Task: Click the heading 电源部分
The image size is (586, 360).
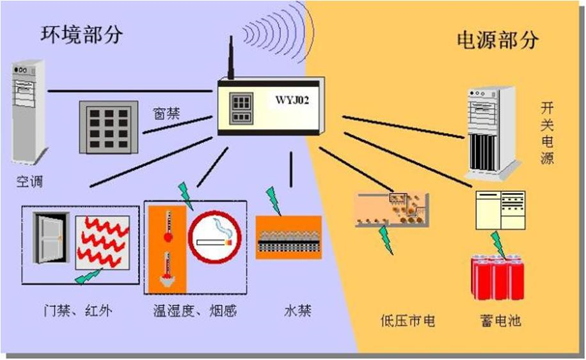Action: click(498, 40)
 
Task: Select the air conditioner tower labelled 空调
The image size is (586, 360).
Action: click(29, 112)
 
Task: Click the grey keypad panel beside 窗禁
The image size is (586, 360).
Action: click(108, 127)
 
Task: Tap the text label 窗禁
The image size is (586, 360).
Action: click(166, 113)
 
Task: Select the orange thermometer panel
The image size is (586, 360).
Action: click(168, 247)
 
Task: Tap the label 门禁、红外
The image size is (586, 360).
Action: click(75, 311)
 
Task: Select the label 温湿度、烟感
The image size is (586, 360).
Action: click(195, 311)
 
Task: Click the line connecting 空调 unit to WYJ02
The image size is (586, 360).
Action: click(128, 91)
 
